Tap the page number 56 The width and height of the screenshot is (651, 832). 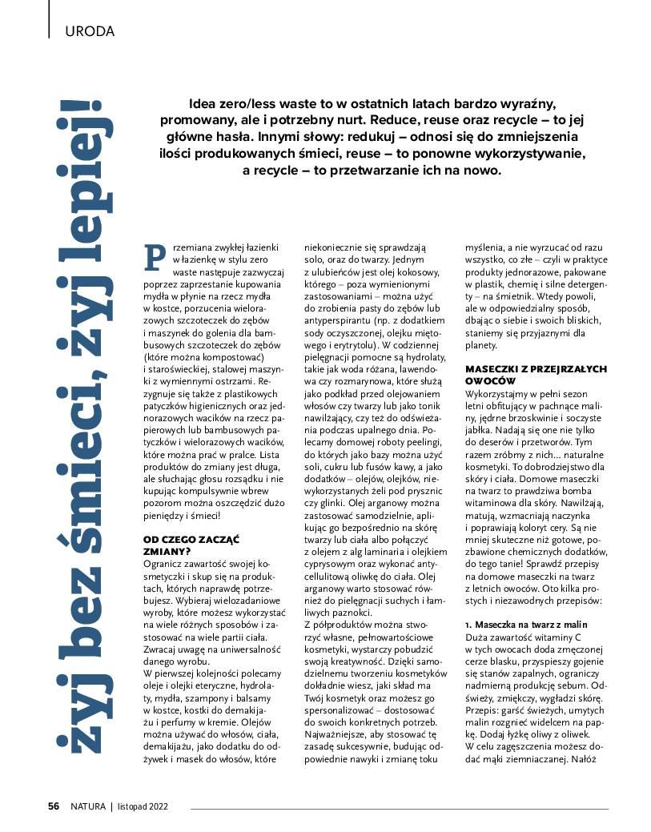coord(54,806)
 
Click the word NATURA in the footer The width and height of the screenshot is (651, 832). coord(87,806)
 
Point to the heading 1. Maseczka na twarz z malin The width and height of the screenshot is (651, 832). coord(537,623)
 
